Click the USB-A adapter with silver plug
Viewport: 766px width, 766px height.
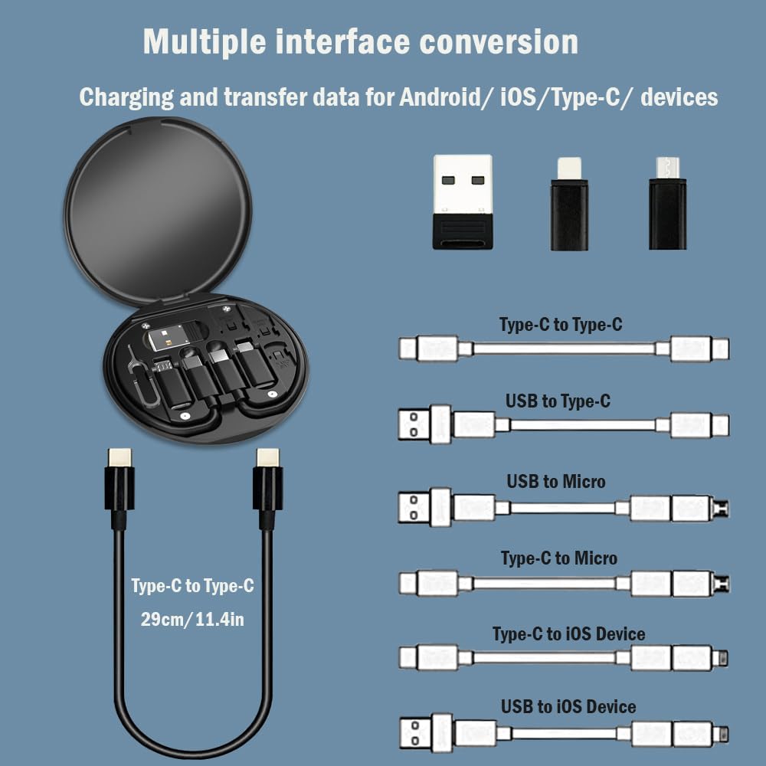point(462,201)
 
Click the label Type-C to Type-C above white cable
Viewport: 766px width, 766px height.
point(561,325)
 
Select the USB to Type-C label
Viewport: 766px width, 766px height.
point(558,401)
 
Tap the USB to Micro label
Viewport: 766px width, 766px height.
point(555,482)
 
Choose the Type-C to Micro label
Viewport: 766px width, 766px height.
point(558,558)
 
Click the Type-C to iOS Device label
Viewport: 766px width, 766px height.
point(568,634)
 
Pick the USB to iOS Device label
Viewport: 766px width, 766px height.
point(568,706)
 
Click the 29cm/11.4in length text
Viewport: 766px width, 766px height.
point(192,619)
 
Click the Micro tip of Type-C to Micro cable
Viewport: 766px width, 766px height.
point(720,584)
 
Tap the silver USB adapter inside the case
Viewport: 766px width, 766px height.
point(172,337)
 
